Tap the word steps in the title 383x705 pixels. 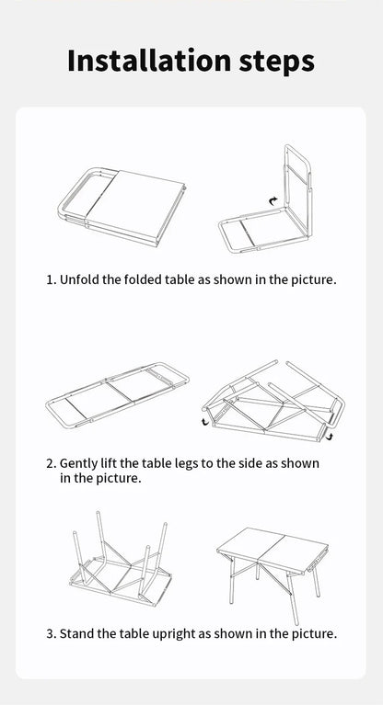point(271,62)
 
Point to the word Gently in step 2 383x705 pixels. point(81,463)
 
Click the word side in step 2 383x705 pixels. point(249,463)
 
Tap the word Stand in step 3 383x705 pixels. point(78,633)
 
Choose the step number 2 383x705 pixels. point(50,463)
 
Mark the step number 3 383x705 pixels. point(50,633)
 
